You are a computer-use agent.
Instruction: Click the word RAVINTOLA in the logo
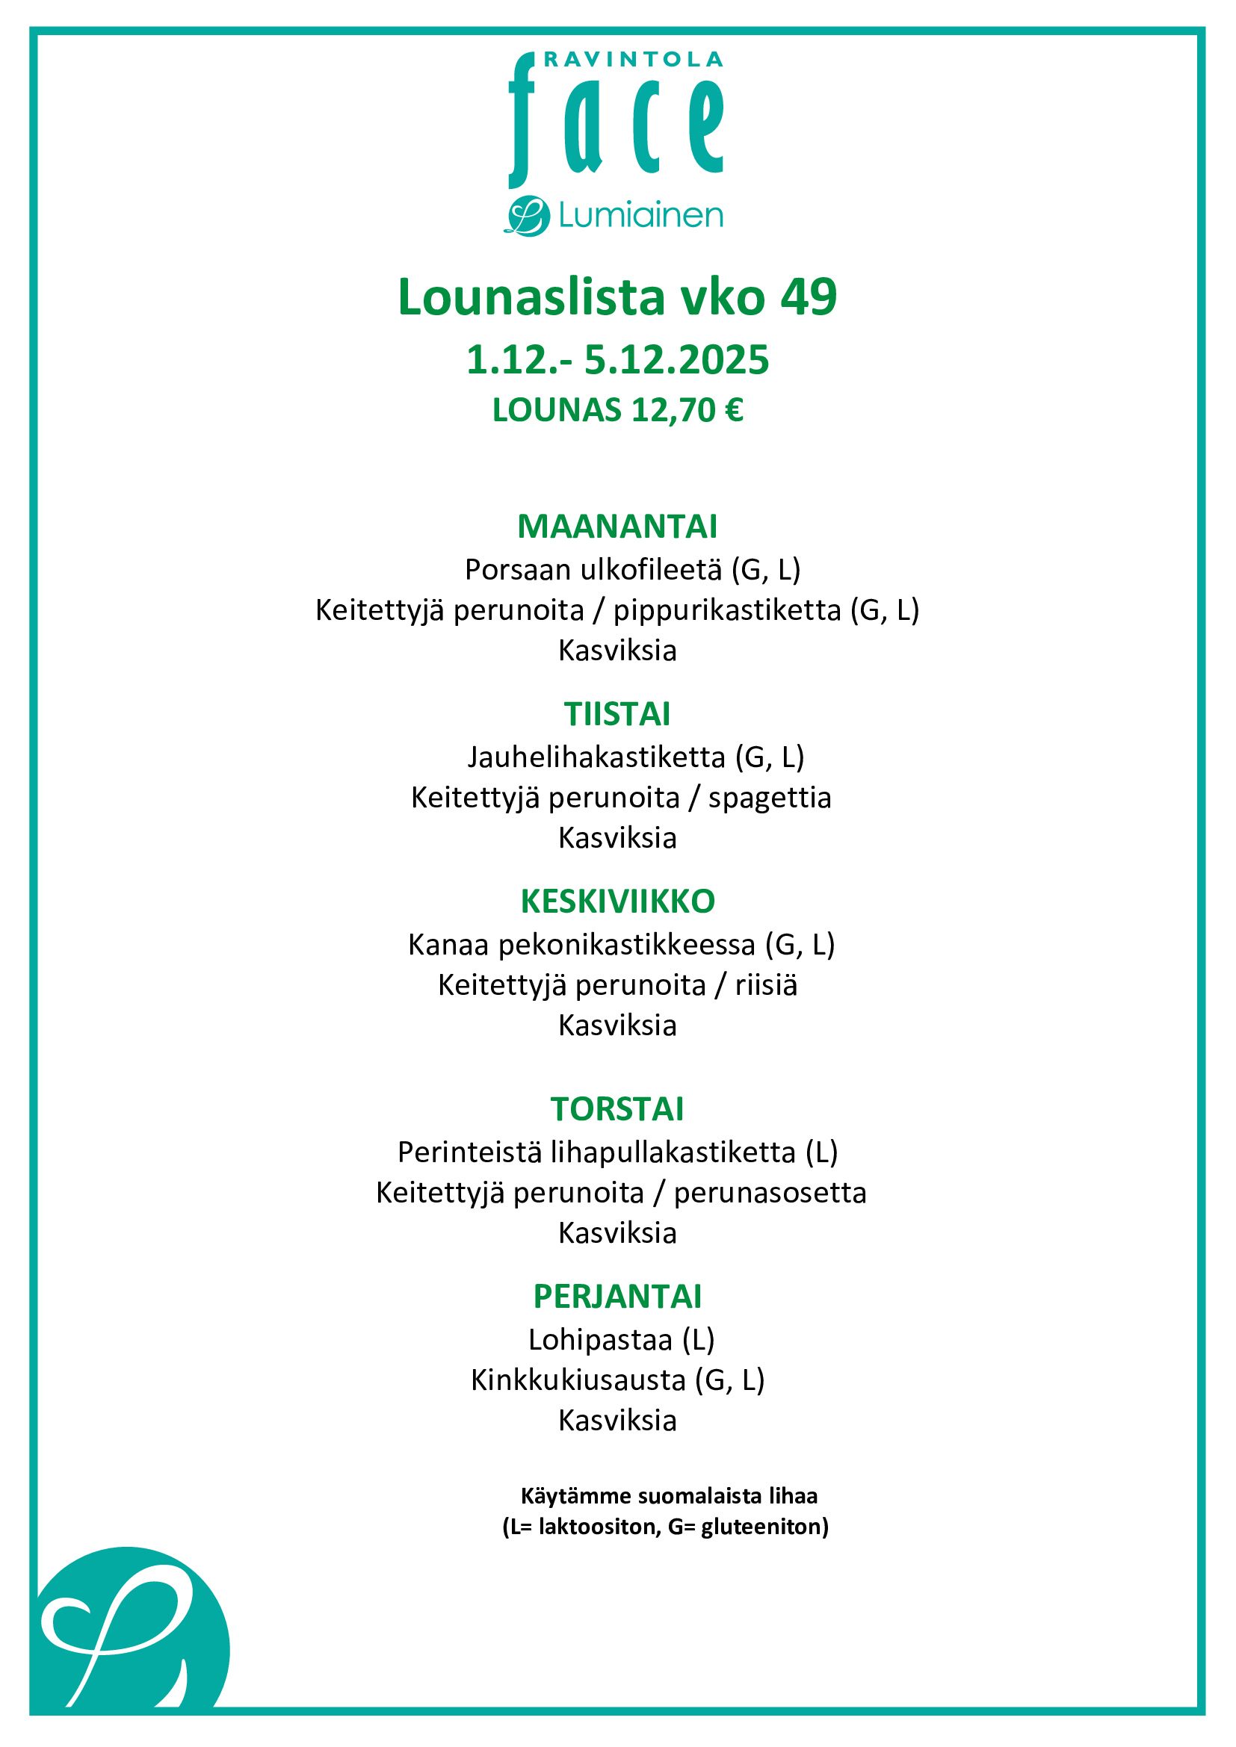pos(633,59)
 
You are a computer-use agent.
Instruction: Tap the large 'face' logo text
pos(617,122)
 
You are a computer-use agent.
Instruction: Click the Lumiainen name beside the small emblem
pos(640,216)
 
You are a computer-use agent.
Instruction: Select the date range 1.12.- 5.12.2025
pos(617,360)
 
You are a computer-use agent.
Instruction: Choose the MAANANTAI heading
pos(617,527)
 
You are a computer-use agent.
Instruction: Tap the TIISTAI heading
pos(617,714)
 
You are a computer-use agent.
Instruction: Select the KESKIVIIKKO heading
pos(617,902)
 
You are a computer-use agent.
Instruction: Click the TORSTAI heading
pos(617,1109)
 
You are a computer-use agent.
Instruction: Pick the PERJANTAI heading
pos(617,1297)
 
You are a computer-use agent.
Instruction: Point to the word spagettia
pos(770,798)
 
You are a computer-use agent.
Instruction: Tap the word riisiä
pos(766,985)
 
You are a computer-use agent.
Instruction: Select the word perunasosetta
pos(770,1193)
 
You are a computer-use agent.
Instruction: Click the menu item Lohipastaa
pos(600,1340)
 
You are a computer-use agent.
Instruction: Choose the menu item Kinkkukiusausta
pos(578,1380)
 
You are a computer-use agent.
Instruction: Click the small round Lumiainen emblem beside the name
pos(527,216)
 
